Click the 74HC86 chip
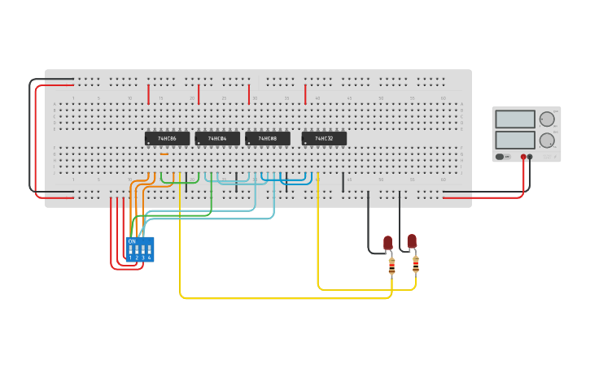coord(167,139)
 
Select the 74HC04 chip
coord(217,139)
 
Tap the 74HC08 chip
coord(268,139)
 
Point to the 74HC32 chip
coord(324,139)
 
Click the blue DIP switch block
coord(140,249)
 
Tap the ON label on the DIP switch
coord(132,241)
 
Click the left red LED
coord(388,242)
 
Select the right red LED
coord(412,240)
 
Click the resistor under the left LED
coord(392,266)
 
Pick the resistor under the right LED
coord(416,264)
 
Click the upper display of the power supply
coord(514,119)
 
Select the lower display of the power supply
coord(514,140)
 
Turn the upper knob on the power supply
coord(547,119)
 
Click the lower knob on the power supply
coord(547,140)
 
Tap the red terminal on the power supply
coord(523,157)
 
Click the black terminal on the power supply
coord(531,157)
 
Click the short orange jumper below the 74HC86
coord(164,154)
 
